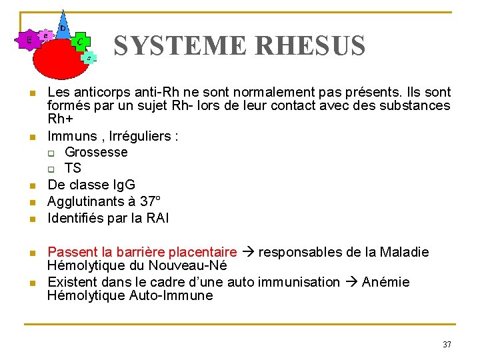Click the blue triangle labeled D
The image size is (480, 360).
coord(63,27)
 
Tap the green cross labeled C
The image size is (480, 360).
coord(80,42)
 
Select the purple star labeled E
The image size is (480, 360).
coord(29,41)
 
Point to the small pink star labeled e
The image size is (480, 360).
coord(45,35)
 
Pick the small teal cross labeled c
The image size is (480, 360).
coord(89,58)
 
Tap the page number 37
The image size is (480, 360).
coord(447,345)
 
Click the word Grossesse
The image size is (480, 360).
coord(96,152)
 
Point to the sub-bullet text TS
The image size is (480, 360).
coord(73,168)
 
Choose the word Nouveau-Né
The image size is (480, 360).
coord(193,265)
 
